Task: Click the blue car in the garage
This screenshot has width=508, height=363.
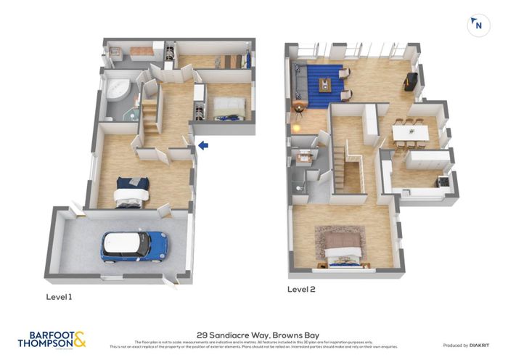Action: pyautogui.click(x=134, y=246)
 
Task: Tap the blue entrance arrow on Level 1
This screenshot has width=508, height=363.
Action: pyautogui.click(x=203, y=146)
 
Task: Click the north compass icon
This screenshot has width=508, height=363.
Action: pyautogui.click(x=478, y=25)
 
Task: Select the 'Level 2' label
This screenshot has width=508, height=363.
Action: pyautogui.click(x=301, y=289)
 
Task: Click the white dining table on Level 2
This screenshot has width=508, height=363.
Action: pyautogui.click(x=410, y=133)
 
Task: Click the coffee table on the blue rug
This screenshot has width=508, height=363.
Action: pyautogui.click(x=324, y=84)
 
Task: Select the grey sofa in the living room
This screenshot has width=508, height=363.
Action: pyautogui.click(x=298, y=81)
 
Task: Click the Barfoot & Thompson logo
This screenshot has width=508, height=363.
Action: pyautogui.click(x=52, y=339)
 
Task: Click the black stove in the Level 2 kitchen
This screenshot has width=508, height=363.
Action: pyautogui.click(x=442, y=181)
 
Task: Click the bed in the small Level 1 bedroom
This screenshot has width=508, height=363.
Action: pyautogui.click(x=229, y=111)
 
